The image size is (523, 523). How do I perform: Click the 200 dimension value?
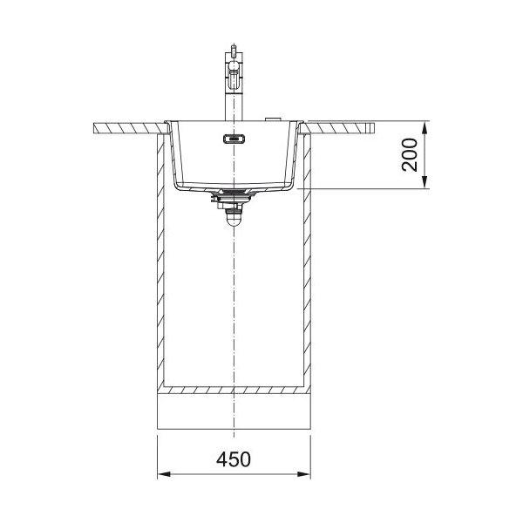click(x=410, y=155)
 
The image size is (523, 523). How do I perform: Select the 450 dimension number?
click(x=233, y=459)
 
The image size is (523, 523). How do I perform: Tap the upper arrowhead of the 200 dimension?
click(x=425, y=128)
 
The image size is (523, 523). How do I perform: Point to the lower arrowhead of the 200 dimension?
click(x=425, y=182)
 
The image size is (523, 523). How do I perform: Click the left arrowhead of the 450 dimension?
click(x=164, y=474)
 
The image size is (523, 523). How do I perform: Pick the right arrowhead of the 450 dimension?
click(x=304, y=474)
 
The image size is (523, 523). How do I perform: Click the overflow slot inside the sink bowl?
click(x=234, y=139)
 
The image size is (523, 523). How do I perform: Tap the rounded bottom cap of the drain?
click(x=234, y=221)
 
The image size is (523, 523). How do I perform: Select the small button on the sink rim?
click(x=273, y=119)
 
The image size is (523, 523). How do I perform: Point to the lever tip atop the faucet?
click(x=234, y=49)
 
